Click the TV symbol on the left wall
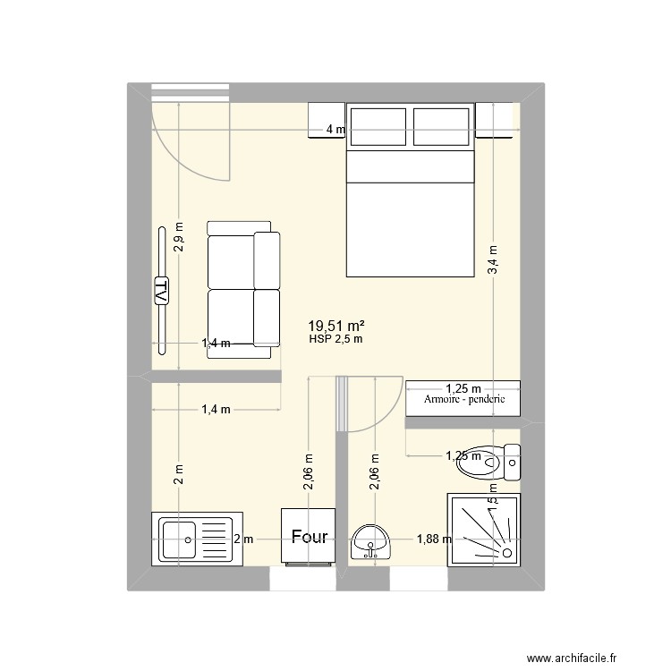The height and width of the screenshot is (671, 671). tap(163, 291)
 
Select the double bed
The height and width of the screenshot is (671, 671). tap(410, 190)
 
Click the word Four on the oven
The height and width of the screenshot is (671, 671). tap(309, 538)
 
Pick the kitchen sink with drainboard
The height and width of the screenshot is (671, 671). tap(196, 539)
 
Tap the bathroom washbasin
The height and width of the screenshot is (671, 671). tap(370, 539)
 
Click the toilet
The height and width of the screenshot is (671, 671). tap(487, 459)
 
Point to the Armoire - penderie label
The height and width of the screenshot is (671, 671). tap(464, 399)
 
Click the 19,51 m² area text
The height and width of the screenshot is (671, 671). tap(335, 327)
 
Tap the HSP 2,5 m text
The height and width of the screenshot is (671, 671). tap(335, 339)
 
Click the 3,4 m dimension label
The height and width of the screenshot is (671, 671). tap(493, 260)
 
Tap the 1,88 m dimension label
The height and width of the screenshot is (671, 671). tap(434, 539)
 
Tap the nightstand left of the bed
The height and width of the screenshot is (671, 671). tap(326, 120)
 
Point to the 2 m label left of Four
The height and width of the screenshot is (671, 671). tap(243, 539)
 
